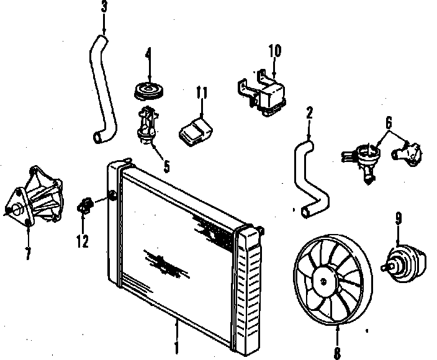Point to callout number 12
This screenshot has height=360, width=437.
coord(82,241)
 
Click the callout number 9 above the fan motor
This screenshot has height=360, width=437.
coord(399,218)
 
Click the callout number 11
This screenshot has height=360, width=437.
coord(200,94)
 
